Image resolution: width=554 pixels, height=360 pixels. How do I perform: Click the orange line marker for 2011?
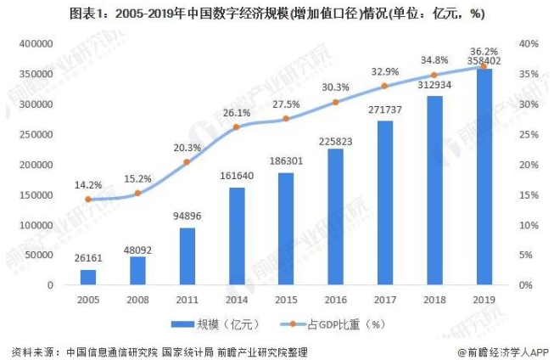(187, 161)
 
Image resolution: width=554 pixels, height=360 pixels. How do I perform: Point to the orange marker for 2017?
(384, 86)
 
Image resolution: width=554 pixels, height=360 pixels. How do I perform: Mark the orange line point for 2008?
(137, 193)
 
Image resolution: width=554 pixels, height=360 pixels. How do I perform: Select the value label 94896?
(187, 217)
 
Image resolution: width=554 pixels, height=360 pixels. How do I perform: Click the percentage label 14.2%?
(88, 184)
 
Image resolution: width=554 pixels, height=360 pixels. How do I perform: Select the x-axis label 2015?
(286, 301)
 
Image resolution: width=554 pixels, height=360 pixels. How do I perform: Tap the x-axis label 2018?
(434, 301)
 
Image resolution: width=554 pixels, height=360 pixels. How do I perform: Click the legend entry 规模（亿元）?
(215, 323)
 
